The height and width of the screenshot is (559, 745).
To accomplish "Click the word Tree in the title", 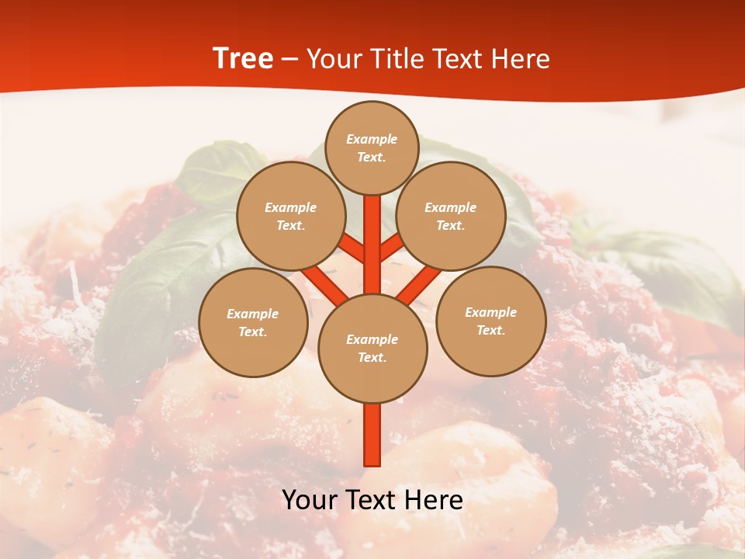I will coord(243,58).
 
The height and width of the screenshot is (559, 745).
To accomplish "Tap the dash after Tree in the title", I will coord(289,60).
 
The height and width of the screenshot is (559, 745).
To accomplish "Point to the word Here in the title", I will coord(521,59).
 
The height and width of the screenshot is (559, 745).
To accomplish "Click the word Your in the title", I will coord(335,59).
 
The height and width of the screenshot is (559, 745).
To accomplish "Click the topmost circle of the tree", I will coord(372,148).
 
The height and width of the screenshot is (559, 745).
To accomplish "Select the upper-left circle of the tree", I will coord(291,216).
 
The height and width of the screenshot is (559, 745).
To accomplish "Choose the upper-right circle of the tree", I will coord(451,216).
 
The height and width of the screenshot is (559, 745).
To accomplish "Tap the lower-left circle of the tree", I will coord(253,322).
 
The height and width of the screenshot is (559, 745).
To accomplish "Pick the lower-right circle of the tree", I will coord(491,321).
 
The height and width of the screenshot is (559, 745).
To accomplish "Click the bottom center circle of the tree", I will coord(372,349).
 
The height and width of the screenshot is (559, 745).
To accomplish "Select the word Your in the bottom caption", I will coord(310,500).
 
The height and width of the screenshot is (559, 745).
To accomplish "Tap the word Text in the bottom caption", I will coord(370,500).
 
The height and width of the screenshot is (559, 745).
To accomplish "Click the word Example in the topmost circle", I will coord(372,139).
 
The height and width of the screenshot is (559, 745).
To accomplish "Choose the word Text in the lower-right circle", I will coord(490,330).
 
